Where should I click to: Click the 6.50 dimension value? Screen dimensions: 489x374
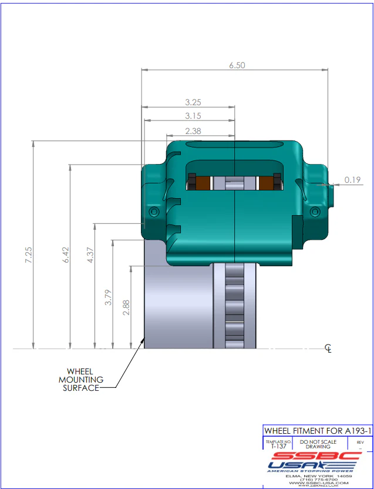click(237, 65)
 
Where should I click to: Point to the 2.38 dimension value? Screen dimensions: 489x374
click(193, 131)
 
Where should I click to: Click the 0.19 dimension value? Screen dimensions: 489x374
click(353, 180)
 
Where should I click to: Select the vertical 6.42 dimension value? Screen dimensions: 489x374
click(65, 256)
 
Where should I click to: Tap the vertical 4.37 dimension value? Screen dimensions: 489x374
click(90, 256)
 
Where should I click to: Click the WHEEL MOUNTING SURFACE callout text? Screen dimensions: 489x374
click(79, 380)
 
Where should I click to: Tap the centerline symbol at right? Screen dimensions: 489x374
click(329, 350)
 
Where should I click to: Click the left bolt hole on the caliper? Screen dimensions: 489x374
click(154, 211)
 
